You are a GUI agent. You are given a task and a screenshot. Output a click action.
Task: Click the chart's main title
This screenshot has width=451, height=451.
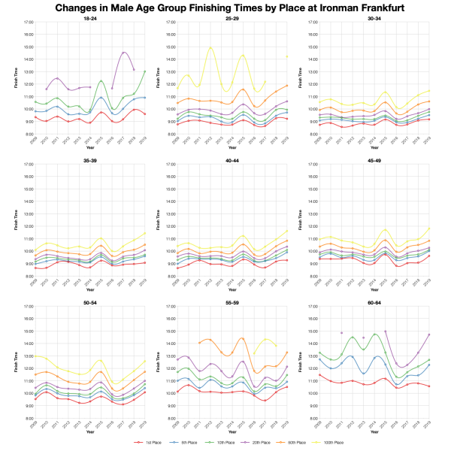coord(225,8)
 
